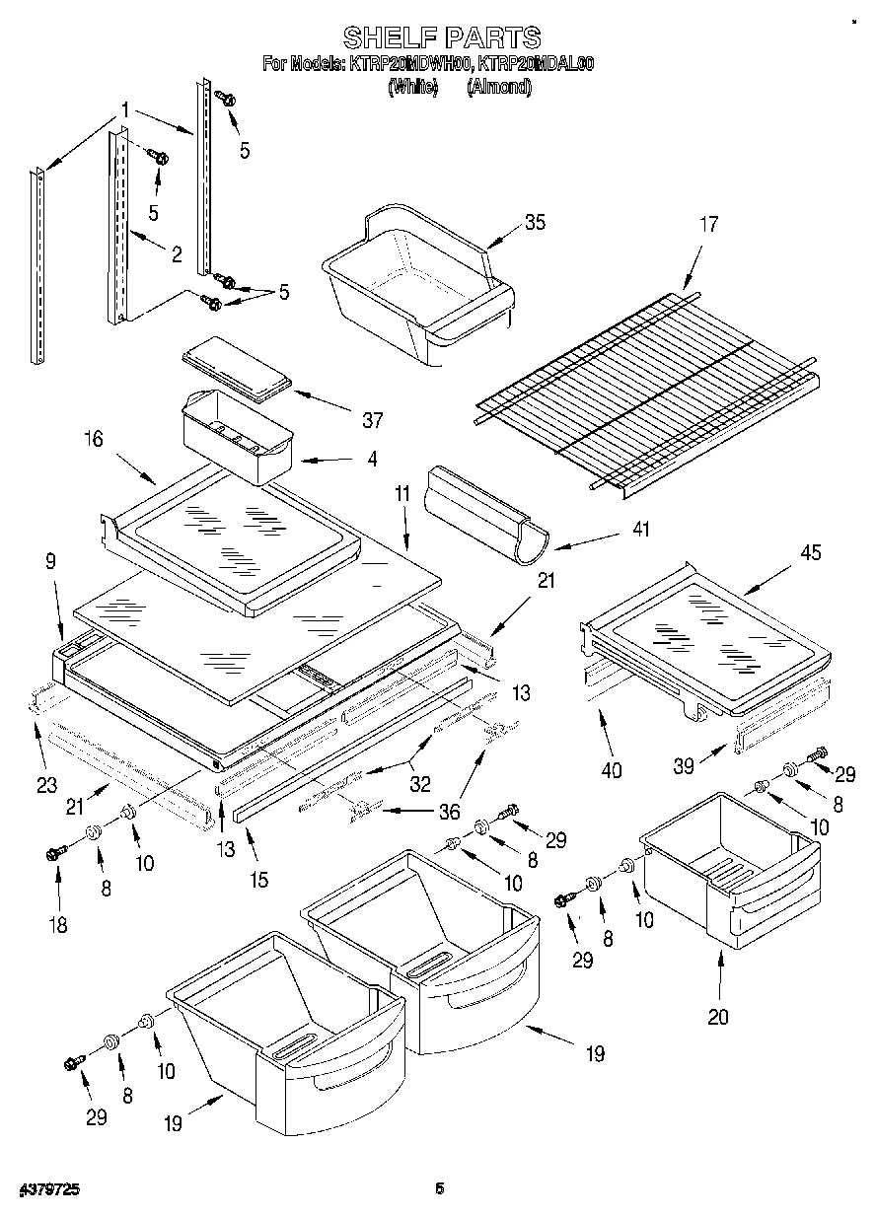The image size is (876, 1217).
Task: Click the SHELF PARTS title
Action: click(441, 37)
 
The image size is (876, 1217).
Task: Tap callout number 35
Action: click(535, 222)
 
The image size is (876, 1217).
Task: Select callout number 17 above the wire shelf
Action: click(709, 224)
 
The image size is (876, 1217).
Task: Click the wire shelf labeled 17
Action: click(646, 390)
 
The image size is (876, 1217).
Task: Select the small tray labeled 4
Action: click(236, 436)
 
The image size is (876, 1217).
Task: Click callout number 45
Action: click(811, 553)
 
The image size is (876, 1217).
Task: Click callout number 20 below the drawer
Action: click(718, 1017)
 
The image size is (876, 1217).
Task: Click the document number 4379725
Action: click(45, 1190)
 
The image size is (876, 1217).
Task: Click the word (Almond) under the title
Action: click(499, 87)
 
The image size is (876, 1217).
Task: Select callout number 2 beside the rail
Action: click(176, 254)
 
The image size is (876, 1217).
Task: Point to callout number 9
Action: click(50, 561)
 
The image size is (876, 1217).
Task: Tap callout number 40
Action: click(612, 770)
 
